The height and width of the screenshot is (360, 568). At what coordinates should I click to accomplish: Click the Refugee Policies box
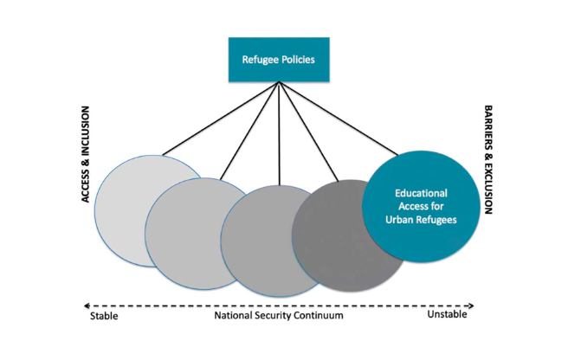coord(279,60)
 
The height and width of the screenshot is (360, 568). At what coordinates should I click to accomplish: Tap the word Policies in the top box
coord(298,61)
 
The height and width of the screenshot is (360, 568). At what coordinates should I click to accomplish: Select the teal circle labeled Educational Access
coord(425,208)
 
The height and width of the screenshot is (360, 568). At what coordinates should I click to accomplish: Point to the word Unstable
coord(447,315)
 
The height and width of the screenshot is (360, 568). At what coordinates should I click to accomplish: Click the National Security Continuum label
coord(278,316)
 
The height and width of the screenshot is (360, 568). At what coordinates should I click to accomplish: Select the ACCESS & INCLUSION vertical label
coord(87,156)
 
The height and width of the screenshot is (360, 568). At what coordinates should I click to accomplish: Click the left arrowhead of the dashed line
coord(86,305)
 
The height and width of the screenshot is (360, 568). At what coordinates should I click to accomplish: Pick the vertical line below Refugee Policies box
coord(279,130)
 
